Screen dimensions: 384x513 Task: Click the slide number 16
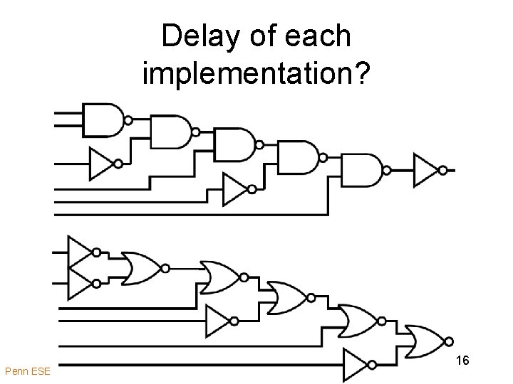[x=462, y=361]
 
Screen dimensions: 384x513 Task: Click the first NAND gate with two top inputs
[x=104, y=119]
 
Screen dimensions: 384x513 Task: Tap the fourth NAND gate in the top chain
[x=298, y=157]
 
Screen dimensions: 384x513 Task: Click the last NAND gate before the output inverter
[x=362, y=170]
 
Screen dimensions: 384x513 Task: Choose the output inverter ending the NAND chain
[x=426, y=170]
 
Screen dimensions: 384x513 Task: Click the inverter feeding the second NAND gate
[x=100, y=164]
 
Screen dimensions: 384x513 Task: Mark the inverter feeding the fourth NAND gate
[x=234, y=189]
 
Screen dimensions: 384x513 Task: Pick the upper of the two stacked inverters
[x=80, y=252]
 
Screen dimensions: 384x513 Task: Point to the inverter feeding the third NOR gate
[x=218, y=321]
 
